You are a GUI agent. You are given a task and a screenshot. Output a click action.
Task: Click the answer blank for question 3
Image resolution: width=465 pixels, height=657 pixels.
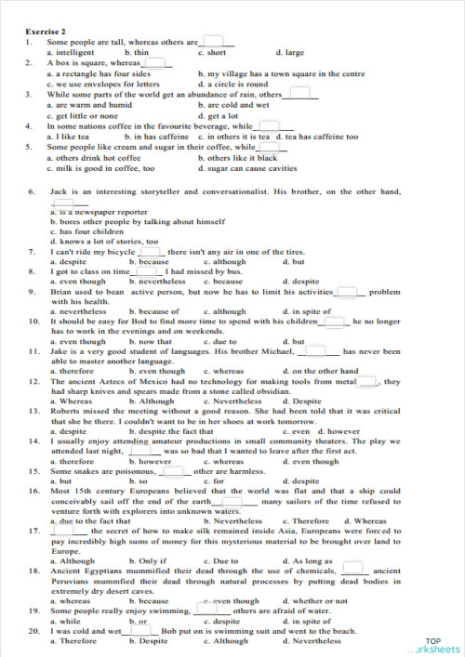pyautogui.click(x=300, y=94)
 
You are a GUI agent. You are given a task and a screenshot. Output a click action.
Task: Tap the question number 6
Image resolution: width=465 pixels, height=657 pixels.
pyautogui.click(x=31, y=191)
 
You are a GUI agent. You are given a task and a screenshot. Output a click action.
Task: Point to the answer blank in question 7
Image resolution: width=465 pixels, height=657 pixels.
pyautogui.click(x=150, y=251)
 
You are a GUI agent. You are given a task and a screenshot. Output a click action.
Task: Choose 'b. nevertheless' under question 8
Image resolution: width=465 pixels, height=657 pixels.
pyautogui.click(x=157, y=281)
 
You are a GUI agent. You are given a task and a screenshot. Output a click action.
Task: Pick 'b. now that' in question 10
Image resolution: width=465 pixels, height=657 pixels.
pyautogui.click(x=151, y=342)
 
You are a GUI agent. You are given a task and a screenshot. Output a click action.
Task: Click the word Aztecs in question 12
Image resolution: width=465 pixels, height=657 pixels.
pyautogui.click(x=112, y=381)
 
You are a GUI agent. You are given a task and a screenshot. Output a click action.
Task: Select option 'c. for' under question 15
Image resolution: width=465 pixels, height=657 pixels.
pyautogui.click(x=213, y=481)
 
